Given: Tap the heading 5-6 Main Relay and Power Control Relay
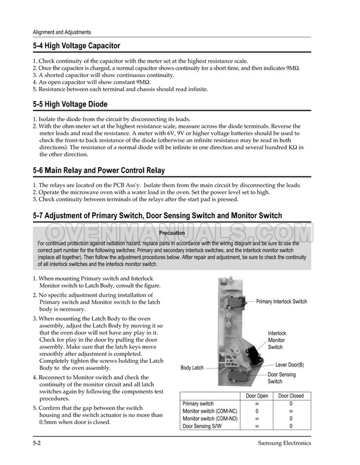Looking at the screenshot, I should coord(99,171).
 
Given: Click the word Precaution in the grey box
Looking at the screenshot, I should coord(172,233).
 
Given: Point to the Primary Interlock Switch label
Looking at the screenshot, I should coord(281,302).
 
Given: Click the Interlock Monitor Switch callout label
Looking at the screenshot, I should coord(276,340).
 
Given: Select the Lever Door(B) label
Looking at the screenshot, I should coord(289,365).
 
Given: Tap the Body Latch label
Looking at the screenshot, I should coord(192,368).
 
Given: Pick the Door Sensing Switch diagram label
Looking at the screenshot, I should coord(281,378).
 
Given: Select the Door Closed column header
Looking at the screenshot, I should coord(291,396).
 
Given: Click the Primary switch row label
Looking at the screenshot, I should coord(198,403).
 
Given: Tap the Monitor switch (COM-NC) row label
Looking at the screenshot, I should coord(209,411).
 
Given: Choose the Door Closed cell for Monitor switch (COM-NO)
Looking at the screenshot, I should coord(291,419).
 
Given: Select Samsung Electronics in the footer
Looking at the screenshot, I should coord(284,444).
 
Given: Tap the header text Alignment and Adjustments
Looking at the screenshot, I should coord(61,32).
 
